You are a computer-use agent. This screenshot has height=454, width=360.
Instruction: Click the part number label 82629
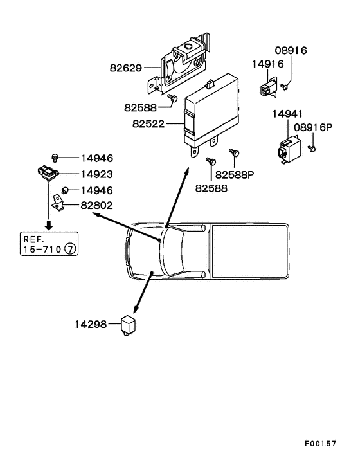(126, 68)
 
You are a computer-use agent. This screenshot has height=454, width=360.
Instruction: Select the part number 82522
(148, 124)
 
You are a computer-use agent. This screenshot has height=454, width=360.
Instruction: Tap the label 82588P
(235, 175)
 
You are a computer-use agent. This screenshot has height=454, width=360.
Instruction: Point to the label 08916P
(313, 127)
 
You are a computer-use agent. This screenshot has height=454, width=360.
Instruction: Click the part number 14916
(268, 64)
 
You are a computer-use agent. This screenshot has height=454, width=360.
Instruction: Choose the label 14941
(287, 114)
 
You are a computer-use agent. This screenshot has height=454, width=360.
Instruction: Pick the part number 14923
(97, 174)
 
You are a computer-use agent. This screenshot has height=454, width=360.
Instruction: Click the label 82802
(96, 205)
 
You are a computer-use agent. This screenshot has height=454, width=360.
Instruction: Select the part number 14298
(91, 324)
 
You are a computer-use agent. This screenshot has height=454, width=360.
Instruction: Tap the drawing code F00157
(320, 444)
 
